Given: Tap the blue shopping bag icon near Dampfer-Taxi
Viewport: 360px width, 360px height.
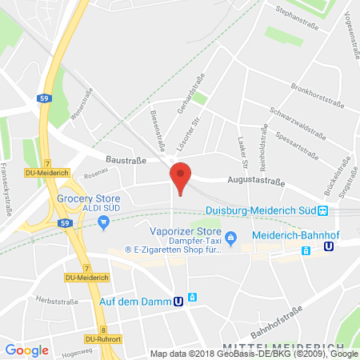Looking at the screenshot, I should tap(231, 237).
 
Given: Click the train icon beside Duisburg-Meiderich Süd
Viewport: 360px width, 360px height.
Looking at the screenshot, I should tap(323, 211).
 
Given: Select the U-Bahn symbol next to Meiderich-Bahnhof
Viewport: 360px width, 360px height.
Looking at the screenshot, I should tap(328, 249).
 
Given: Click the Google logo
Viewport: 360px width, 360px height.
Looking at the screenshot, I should tap(27, 350).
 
